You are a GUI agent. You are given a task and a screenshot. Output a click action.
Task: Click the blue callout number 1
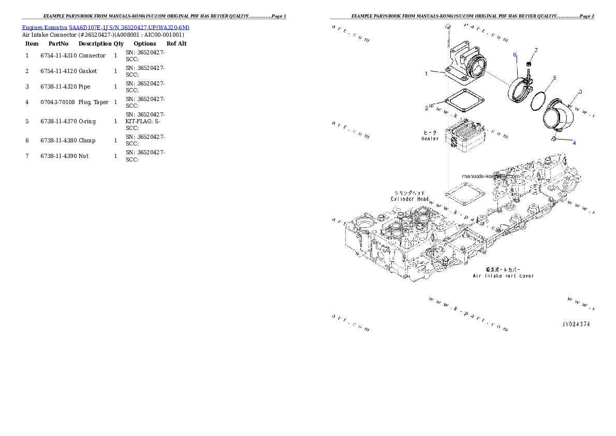tap(427, 74)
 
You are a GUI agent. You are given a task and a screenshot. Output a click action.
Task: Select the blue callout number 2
tap(427, 108)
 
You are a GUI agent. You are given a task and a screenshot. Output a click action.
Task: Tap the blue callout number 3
tap(580, 92)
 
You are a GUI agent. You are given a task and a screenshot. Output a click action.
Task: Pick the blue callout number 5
tap(554, 78)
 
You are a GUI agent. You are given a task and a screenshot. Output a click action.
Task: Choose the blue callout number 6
tap(515, 54)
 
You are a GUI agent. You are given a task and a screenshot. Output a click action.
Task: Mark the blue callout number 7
tap(536, 50)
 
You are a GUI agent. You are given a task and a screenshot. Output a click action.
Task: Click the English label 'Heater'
tap(430, 139)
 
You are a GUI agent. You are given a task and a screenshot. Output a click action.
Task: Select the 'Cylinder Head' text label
tap(409, 199)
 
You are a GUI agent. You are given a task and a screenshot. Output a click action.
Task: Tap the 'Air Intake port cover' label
tap(503, 276)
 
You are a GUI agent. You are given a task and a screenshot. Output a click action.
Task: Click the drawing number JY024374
tap(576, 324)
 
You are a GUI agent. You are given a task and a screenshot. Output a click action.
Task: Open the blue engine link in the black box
tap(106, 27)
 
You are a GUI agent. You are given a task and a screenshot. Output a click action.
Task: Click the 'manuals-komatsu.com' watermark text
tap(491, 176)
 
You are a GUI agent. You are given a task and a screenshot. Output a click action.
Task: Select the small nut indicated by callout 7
tap(529, 64)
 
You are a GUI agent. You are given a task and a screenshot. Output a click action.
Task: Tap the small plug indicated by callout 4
tap(553, 139)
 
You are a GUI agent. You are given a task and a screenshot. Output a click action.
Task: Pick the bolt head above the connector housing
tap(448, 25)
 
